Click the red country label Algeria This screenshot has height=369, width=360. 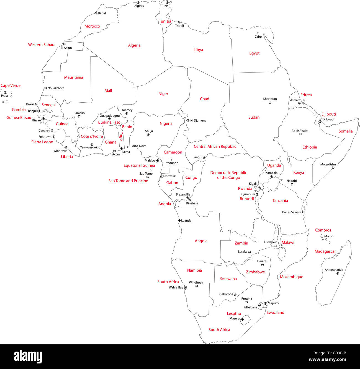coord(134,45)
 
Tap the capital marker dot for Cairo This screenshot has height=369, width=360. coord(258,33)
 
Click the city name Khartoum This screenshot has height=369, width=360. coord(270,99)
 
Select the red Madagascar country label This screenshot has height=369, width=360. coord(325,251)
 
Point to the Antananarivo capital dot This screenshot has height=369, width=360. coord(338,274)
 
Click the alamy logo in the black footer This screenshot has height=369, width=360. coord(28,357)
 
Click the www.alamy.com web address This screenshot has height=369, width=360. coord(327,360)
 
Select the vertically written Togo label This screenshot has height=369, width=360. coord(121,136)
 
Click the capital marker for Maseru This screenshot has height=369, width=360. coord(243,319)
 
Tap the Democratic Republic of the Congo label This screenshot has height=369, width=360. coord(228,175)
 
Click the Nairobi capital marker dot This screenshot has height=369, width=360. coord(292,184)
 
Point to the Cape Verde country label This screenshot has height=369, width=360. coord(11,85)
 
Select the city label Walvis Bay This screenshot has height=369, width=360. coord(176,287)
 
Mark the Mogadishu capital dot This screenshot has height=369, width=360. coord(333,168)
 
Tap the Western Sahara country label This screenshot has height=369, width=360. coord(42,45)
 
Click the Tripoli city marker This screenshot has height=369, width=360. coord(179,22)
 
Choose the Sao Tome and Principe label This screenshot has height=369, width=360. coord(128,181)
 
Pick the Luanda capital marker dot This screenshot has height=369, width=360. coord(179,220)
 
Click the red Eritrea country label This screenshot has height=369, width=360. coord(306,95)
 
